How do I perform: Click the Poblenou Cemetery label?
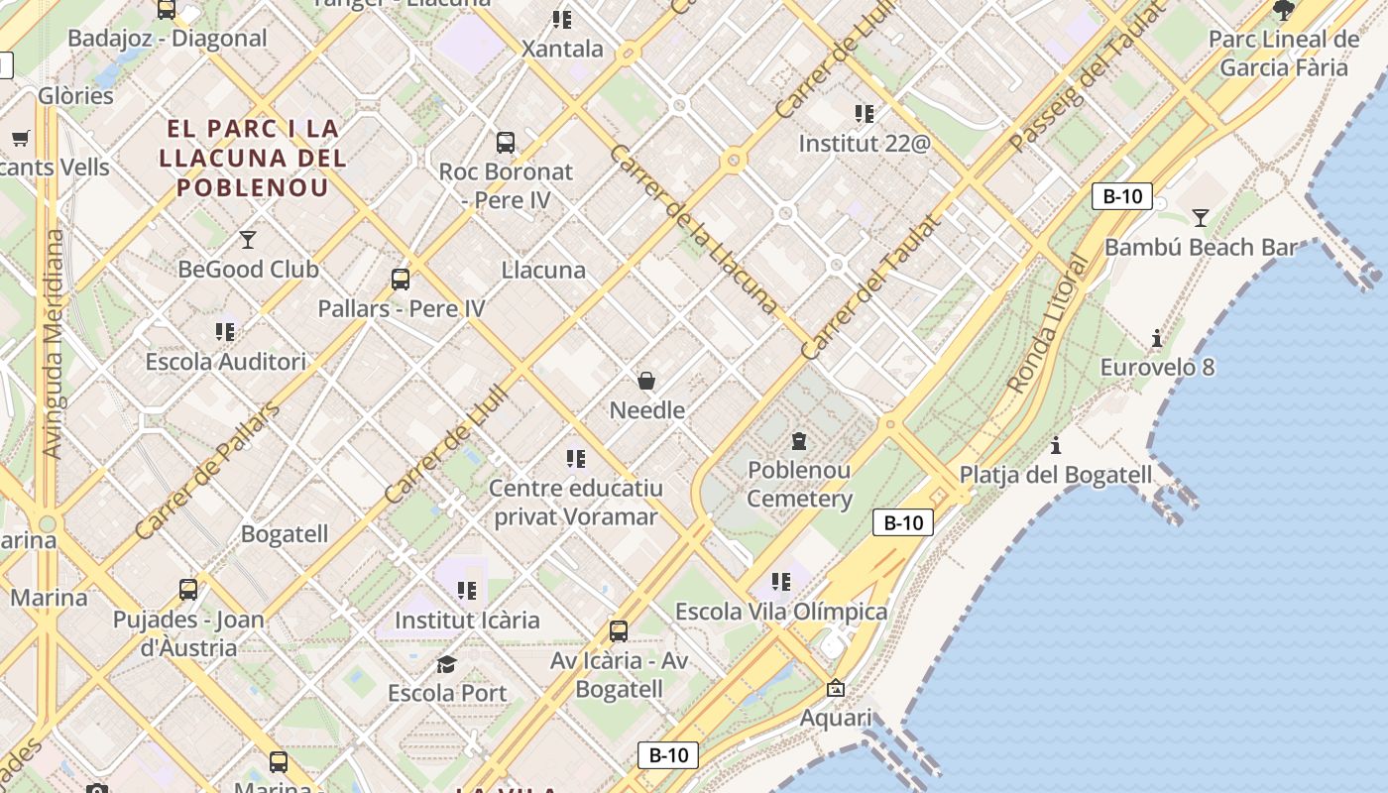tap(799, 484)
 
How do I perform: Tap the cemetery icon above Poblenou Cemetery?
tap(799, 441)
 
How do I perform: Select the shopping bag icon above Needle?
tap(646, 381)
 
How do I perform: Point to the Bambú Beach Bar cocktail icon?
tap(1201, 218)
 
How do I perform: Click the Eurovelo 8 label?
tap(1157, 368)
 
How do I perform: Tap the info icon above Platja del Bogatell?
tap(1056, 445)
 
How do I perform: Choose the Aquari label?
tap(836, 718)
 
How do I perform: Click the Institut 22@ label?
tap(865, 144)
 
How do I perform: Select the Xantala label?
tap(562, 49)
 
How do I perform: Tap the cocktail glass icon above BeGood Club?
tap(248, 239)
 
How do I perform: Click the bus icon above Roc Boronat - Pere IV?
tap(506, 143)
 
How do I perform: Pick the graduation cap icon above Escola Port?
tap(447, 664)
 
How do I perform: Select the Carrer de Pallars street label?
tap(207, 472)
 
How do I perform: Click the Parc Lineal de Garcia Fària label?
tap(1284, 54)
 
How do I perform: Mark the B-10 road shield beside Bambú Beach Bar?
tap(1122, 196)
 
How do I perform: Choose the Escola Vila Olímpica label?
tap(781, 612)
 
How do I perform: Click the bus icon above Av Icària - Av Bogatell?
tap(619, 630)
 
